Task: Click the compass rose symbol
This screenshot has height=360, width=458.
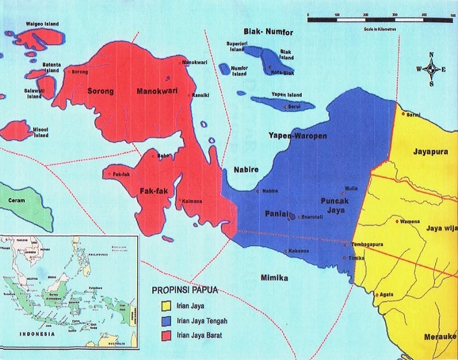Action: [x=432, y=69]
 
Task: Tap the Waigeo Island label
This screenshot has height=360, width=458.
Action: [x=42, y=24]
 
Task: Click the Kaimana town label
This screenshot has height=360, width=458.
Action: [x=192, y=202]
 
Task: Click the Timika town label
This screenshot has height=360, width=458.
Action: [x=358, y=258]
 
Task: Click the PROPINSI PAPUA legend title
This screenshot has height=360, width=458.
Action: [x=188, y=293]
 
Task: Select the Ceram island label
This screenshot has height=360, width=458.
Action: [x=15, y=201]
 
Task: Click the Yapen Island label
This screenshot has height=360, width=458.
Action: [x=286, y=94]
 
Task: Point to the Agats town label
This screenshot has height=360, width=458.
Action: [x=386, y=295]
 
